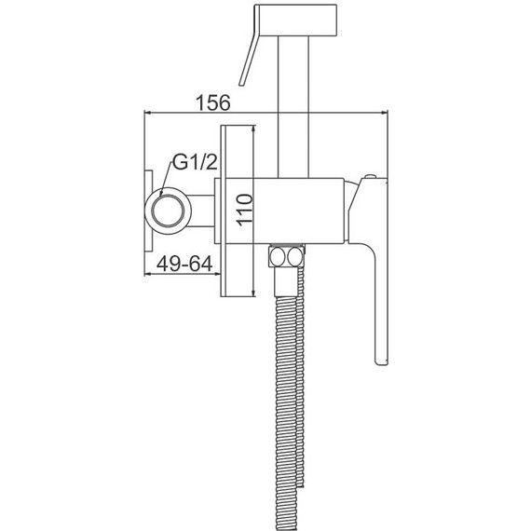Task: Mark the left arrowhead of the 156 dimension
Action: point(146,113)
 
